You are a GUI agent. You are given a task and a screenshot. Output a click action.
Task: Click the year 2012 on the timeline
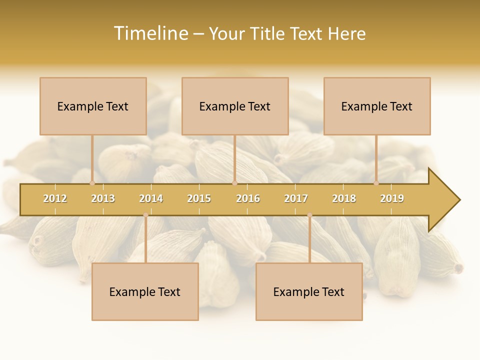tap(55, 198)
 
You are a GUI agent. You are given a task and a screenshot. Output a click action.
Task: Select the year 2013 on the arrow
tap(103, 198)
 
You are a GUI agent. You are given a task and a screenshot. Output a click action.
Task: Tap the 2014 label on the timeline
tap(151, 198)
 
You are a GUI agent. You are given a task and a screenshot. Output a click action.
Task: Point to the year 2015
tap(199, 198)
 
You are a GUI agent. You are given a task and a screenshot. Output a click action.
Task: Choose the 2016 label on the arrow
tap(248, 198)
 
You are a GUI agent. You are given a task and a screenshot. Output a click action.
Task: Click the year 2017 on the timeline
tap(296, 198)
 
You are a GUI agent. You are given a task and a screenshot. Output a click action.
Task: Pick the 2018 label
tap(344, 198)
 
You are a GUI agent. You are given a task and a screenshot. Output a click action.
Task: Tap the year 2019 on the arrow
tap(392, 198)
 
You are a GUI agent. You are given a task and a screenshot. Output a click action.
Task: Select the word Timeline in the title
tap(150, 33)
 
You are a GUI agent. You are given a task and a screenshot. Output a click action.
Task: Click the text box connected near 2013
tap(93, 106)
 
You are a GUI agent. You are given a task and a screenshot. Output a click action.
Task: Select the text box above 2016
tap(235, 106)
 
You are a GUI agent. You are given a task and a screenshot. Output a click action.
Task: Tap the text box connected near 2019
tap(377, 106)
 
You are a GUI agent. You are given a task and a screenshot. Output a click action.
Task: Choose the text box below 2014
tap(145, 291)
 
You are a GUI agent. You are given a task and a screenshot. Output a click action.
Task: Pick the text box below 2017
tap(309, 291)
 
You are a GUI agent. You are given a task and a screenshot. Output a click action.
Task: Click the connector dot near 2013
tap(92, 183)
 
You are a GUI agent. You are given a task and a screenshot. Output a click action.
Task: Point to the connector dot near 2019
tap(376, 183)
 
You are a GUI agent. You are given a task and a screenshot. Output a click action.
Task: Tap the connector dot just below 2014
tap(145, 215)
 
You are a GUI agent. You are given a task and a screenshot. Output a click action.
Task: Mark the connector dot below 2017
tap(309, 215)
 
